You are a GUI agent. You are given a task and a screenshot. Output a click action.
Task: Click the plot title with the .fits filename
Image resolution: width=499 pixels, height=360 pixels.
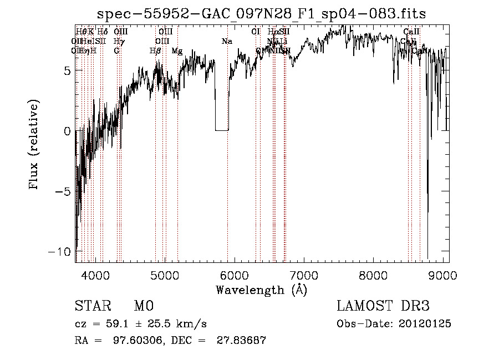tap(261, 14)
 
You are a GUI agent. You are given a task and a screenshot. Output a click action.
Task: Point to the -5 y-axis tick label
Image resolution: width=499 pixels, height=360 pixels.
tap(65, 191)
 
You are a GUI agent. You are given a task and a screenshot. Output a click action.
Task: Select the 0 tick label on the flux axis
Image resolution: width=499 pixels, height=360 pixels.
tap(68, 131)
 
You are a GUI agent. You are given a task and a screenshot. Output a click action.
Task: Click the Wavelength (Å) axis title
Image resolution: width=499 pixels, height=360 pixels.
tap(261, 290)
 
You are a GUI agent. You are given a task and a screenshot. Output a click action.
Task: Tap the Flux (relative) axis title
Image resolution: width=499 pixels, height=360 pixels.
tap(35, 145)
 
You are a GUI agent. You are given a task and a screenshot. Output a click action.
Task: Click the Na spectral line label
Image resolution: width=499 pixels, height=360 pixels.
tap(227, 41)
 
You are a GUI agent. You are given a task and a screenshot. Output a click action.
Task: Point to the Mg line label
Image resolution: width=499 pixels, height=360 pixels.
tap(177, 50)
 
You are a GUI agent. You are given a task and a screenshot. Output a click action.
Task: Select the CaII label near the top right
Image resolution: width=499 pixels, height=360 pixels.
tap(411, 32)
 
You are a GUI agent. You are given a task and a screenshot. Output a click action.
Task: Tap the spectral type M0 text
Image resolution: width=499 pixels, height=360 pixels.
tap(143, 306)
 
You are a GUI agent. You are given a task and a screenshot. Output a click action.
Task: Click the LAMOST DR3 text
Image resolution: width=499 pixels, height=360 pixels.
tap(383, 306)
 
